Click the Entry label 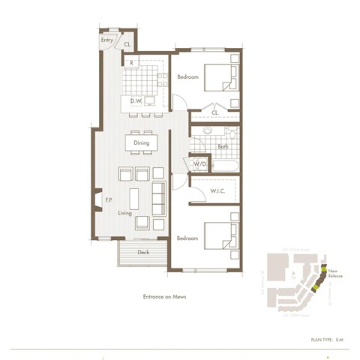(x=107, y=39)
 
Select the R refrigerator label (x=132, y=63)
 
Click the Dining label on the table (x=141, y=142)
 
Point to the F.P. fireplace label (x=109, y=200)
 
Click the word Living (x=124, y=213)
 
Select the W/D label (x=200, y=163)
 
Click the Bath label (x=223, y=147)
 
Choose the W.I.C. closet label (x=219, y=191)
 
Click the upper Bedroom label (x=187, y=77)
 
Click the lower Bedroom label (x=187, y=238)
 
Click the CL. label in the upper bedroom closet (x=214, y=113)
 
